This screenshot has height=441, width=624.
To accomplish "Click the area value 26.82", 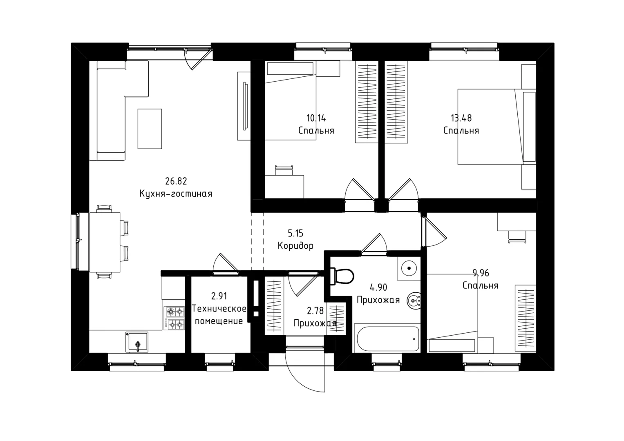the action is [176, 181].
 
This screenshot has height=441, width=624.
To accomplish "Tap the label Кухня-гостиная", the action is [176, 194].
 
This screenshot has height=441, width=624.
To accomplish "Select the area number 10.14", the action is [316, 118].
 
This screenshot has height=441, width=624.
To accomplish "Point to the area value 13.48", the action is [461, 118].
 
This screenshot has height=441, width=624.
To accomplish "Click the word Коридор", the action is [295, 246].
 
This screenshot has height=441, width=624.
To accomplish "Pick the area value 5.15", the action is [295, 233].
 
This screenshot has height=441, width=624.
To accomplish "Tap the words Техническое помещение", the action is [219, 315].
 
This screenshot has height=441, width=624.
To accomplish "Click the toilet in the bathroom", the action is [342, 276].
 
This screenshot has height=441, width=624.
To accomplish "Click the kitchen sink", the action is [137, 342].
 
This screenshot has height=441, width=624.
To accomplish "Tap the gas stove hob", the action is [174, 318].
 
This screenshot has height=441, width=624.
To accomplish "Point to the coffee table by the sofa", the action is [150, 129].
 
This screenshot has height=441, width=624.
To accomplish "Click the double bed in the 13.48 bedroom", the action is [497, 127].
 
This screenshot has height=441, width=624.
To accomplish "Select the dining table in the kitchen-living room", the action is [105, 242].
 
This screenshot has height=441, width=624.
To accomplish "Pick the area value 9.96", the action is [481, 273].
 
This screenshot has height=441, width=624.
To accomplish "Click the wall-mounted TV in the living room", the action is [245, 106].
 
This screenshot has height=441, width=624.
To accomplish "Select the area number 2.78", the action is [315, 311].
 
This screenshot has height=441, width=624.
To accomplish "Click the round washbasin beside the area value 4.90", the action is [414, 301].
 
